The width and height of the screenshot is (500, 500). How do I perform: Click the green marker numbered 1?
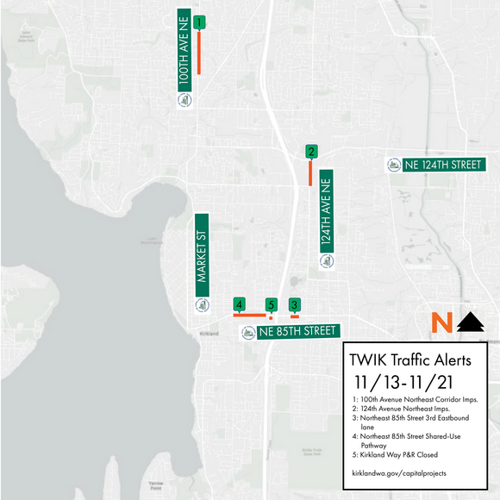point(199,22)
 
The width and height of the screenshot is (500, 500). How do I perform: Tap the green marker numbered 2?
point(310,152)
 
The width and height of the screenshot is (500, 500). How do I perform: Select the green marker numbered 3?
point(295,304)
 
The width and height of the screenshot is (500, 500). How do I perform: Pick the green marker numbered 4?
point(240,304)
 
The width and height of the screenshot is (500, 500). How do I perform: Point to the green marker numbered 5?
point(271,304)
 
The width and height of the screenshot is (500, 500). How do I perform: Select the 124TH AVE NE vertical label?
point(326,209)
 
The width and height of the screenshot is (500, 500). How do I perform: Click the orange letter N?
point(441,322)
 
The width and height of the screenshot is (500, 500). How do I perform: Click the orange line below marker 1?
point(199,53)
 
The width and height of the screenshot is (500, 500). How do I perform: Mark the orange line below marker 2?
point(309,172)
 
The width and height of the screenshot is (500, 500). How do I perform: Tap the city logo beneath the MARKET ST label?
point(202,303)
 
